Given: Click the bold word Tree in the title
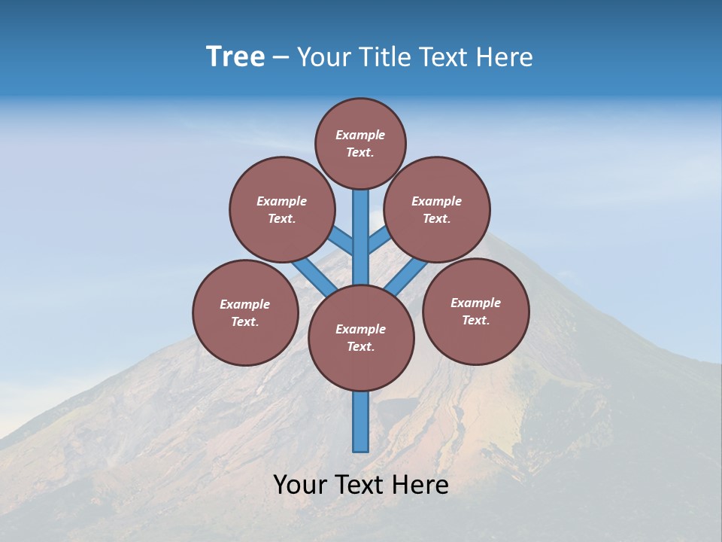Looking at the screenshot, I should tap(235, 57).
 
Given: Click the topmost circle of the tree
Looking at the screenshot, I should tap(360, 143).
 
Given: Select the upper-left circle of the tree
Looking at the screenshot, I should tap(281, 209).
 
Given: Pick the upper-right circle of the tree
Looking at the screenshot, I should tap(436, 209).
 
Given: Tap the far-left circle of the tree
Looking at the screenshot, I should tap(245, 312).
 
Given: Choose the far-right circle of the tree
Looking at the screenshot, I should tap(475, 311).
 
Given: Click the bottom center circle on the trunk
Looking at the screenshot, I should tap(361, 338).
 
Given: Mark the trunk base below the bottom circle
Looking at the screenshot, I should tap(361, 422).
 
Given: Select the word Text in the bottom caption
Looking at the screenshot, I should tap(362, 485).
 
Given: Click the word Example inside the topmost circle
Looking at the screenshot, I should tap(360, 135).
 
